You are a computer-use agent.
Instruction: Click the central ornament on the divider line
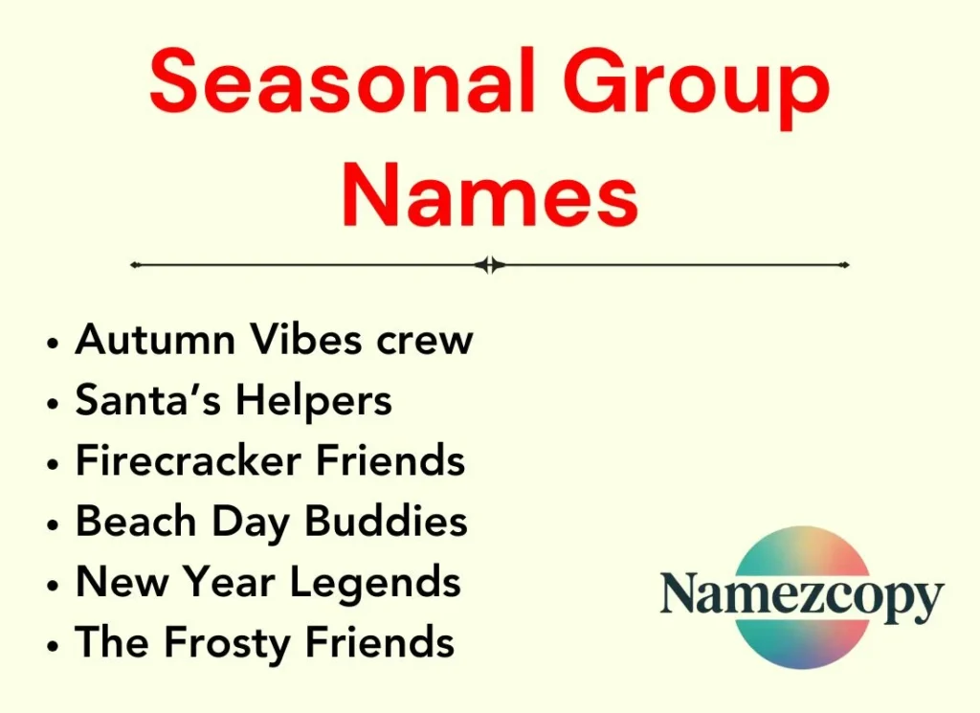tap(490, 265)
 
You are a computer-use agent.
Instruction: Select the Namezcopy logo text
tap(802, 596)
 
